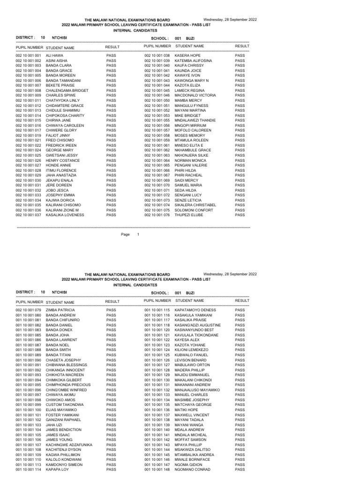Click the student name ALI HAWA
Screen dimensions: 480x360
tap(54, 55)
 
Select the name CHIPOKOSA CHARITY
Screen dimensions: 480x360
tap(65, 115)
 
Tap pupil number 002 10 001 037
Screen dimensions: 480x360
tap(28, 215)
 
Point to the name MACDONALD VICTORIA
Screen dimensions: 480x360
tap(195, 95)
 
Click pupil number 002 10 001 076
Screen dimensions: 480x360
tap(157, 215)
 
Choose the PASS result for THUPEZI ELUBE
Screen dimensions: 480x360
tap(240, 215)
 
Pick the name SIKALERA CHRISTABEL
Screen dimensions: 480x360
tap(195, 205)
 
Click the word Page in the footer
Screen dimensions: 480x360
tap(125, 234)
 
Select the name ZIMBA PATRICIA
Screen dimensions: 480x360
tap(60, 310)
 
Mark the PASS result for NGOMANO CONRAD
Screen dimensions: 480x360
tap(240, 469)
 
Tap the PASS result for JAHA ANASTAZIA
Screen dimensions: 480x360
tap(111, 175)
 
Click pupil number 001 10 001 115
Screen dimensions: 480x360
tap(157, 310)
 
